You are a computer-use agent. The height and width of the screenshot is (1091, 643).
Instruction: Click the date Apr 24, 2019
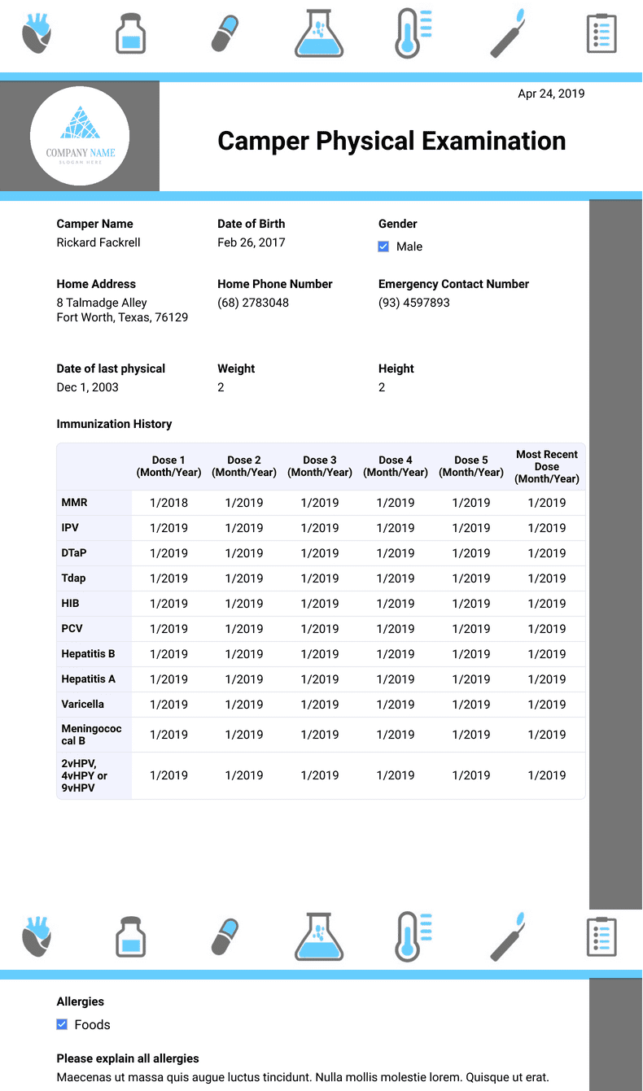pyautogui.click(x=551, y=94)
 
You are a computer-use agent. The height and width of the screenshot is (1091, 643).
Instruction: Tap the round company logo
pyautogui.click(x=80, y=136)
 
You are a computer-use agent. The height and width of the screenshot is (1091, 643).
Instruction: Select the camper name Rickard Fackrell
pyautogui.click(x=98, y=242)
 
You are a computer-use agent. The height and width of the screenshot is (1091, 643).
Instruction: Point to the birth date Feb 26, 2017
pyautogui.click(x=251, y=242)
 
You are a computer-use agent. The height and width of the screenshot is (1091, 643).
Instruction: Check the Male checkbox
pyautogui.click(x=383, y=247)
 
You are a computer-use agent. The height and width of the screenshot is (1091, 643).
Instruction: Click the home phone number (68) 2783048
pyautogui.click(x=253, y=303)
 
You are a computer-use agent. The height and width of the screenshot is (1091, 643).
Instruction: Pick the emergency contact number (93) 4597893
pyautogui.click(x=414, y=303)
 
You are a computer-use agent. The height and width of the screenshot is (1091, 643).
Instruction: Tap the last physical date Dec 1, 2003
pyautogui.click(x=87, y=387)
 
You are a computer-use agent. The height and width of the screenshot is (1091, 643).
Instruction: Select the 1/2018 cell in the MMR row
pyautogui.click(x=168, y=503)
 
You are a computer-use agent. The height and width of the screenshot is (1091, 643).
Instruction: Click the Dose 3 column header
pyautogui.click(x=320, y=466)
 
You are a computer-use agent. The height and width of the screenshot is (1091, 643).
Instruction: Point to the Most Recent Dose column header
pyautogui.click(x=547, y=466)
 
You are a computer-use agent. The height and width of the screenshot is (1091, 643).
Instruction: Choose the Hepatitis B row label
pyautogui.click(x=88, y=654)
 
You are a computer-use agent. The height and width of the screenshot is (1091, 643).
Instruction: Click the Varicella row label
pyautogui.click(x=82, y=705)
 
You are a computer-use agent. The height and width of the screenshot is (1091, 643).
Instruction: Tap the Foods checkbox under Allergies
pyautogui.click(x=62, y=1024)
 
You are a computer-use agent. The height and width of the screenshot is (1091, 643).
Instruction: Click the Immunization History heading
pyautogui.click(x=114, y=424)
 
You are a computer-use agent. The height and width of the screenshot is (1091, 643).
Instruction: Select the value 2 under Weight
pyautogui.click(x=221, y=387)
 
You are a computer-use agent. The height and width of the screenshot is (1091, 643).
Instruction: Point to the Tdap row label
pyautogui.click(x=73, y=578)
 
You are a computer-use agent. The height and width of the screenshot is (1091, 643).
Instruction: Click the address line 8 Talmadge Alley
pyautogui.click(x=102, y=303)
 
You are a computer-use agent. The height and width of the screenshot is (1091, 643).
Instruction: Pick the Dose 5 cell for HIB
pyautogui.click(x=471, y=604)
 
